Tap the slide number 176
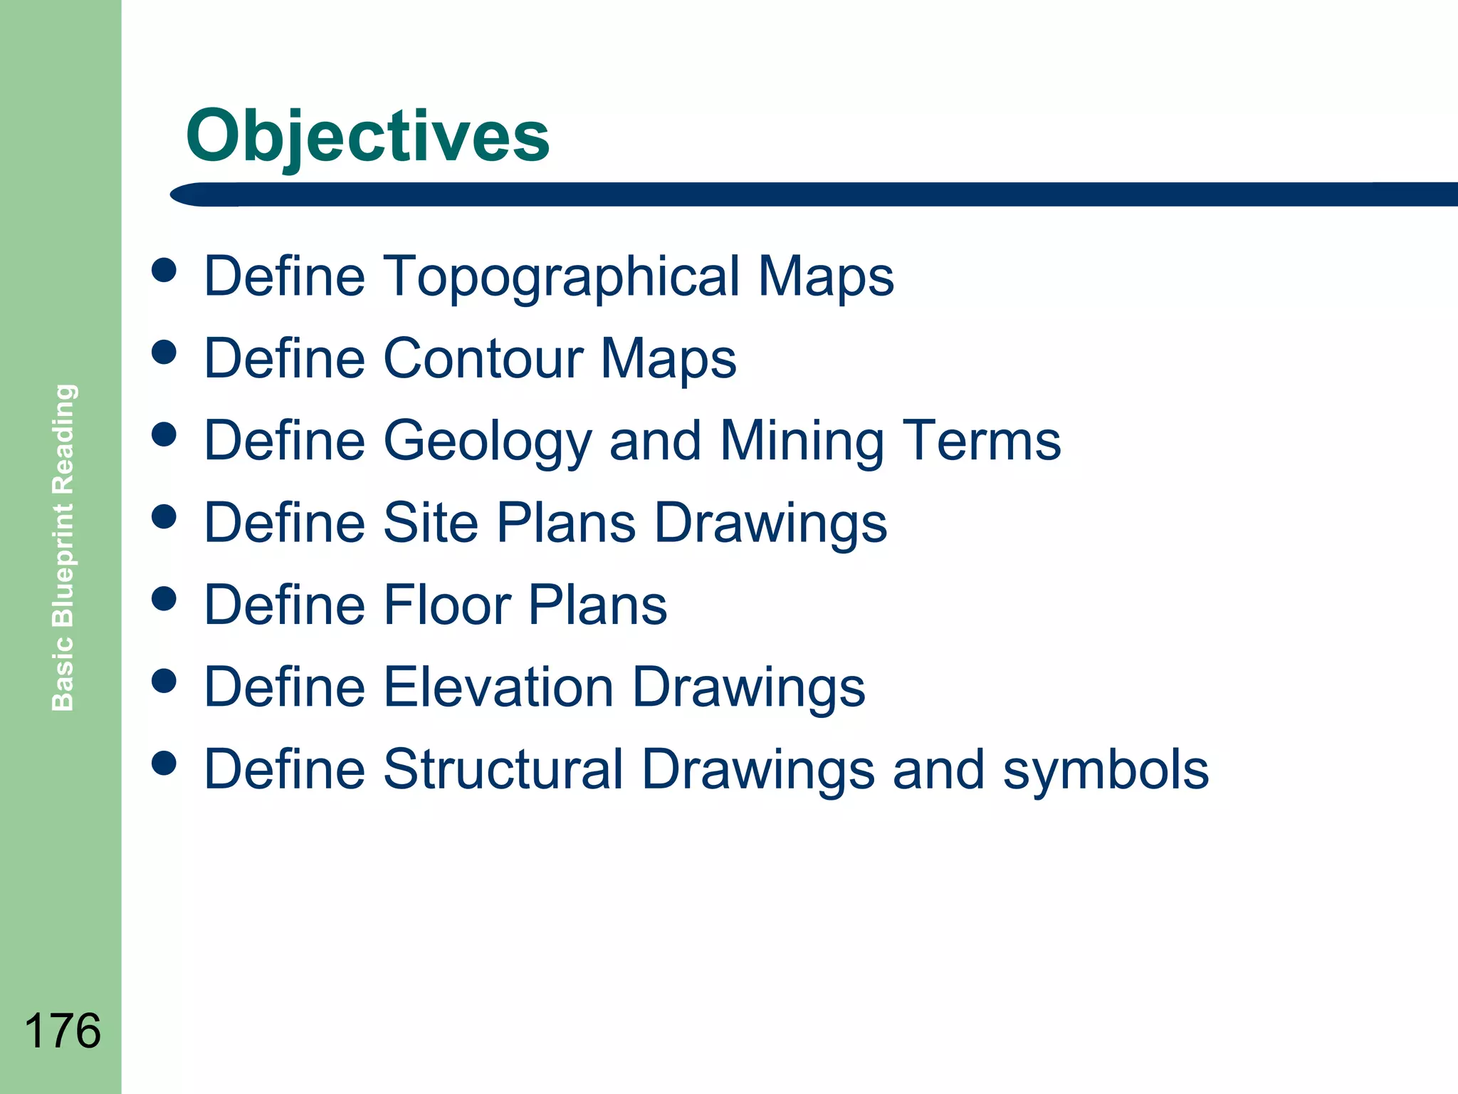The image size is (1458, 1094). [x=63, y=1031]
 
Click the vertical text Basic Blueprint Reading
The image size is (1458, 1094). [x=63, y=547]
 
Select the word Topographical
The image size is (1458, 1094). [x=562, y=276]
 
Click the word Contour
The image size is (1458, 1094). [x=483, y=358]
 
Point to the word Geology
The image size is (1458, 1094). [x=488, y=442]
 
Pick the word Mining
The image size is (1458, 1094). [x=802, y=441]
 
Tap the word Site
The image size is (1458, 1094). [x=431, y=523]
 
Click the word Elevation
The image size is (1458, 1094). [x=498, y=687]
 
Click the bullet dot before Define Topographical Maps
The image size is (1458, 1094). [x=164, y=270]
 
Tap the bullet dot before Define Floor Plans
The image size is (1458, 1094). [x=164, y=598]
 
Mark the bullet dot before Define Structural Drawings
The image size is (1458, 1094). [x=164, y=763]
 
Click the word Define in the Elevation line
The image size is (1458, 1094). [x=284, y=687]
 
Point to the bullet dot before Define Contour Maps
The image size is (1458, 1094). [x=164, y=352]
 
